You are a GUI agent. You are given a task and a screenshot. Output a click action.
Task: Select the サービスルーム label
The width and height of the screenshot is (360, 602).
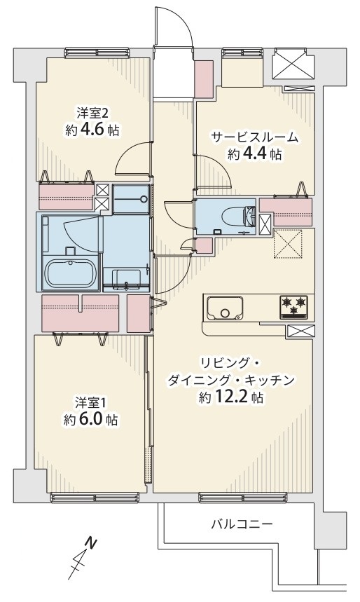click(x=254, y=137)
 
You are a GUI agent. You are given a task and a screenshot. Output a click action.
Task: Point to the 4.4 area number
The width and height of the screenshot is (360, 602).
click(x=254, y=154)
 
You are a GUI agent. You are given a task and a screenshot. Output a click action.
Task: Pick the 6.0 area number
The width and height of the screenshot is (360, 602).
click(x=90, y=419)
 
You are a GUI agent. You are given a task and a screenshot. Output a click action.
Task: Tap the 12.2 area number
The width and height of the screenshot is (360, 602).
click(x=230, y=397)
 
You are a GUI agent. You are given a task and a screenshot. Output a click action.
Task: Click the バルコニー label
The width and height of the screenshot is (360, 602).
click(x=242, y=524)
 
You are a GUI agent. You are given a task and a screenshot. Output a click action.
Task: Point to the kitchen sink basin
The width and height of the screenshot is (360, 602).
click(x=226, y=308)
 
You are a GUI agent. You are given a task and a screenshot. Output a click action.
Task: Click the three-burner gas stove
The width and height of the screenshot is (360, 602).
click(x=294, y=307)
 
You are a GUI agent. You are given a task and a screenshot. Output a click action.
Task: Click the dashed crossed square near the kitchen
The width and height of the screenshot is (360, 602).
click(x=288, y=244)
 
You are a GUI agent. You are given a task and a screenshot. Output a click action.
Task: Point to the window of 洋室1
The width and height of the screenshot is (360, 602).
click(x=94, y=498)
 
